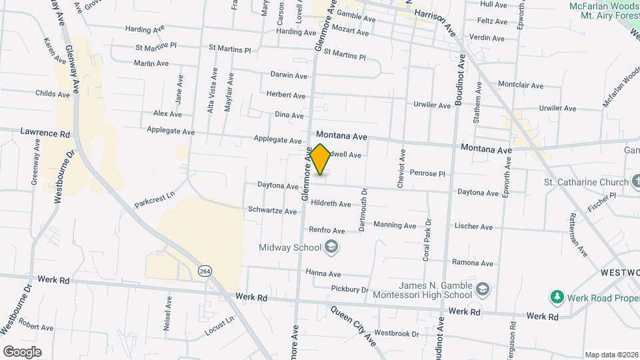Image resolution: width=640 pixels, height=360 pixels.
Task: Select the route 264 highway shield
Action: (x=205, y=270)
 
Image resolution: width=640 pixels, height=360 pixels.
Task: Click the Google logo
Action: (x=22, y=352)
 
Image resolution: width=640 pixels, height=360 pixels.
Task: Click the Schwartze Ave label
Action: (x=272, y=211)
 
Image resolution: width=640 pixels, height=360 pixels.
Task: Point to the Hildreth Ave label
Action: (x=331, y=204)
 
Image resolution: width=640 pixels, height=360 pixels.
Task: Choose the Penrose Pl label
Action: (x=427, y=173)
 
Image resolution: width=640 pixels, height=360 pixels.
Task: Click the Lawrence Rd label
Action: (x=45, y=133)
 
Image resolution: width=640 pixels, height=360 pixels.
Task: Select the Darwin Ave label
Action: (x=288, y=75)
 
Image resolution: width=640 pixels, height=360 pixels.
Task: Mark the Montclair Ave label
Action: (x=521, y=85)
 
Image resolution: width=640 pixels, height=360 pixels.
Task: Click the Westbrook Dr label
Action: (x=396, y=333)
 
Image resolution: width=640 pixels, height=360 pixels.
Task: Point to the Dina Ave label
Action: (x=289, y=115)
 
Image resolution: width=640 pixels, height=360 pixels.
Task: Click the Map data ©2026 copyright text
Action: (x=611, y=355)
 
